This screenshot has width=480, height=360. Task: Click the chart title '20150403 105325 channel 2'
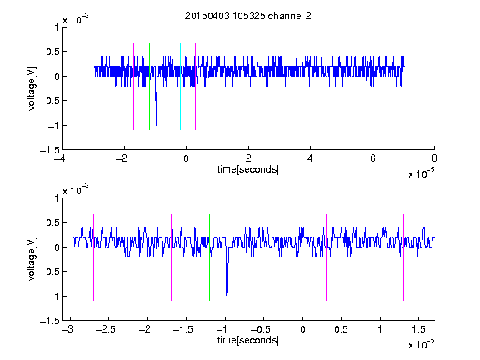(x=248, y=16)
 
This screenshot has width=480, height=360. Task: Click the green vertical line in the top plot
(x=149, y=87)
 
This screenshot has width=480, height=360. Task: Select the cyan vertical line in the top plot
(x=180, y=87)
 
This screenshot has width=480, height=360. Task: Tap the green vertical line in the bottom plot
(x=209, y=257)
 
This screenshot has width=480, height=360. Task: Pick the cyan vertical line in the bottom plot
(x=287, y=257)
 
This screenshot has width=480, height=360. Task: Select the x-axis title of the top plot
(x=248, y=169)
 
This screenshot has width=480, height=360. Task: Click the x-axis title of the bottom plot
(x=248, y=340)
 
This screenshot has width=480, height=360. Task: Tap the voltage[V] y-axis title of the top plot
(x=32, y=88)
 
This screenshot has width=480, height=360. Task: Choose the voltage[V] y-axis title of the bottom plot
(x=32, y=259)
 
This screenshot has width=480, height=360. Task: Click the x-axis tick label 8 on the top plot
(x=434, y=158)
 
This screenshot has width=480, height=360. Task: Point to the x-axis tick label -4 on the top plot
(x=60, y=158)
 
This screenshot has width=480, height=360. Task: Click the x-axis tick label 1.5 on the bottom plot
(x=418, y=329)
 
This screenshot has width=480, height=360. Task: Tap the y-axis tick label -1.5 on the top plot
(x=50, y=150)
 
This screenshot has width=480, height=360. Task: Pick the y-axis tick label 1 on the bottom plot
(x=57, y=198)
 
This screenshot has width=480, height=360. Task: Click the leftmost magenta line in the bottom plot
(x=93, y=257)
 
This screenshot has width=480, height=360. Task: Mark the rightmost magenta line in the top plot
(x=227, y=87)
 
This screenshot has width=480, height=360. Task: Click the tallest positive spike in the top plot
(x=322, y=57)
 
